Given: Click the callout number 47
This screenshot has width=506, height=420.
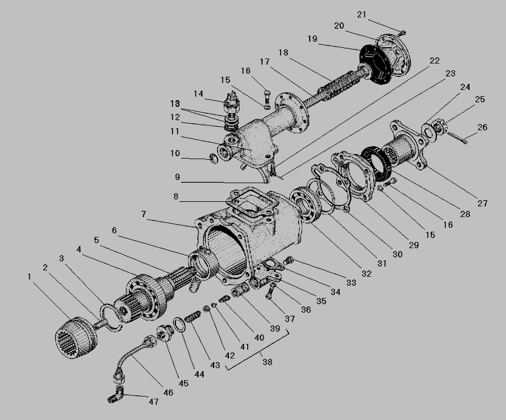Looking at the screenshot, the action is click(153, 401).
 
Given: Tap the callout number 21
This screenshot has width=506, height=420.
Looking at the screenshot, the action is click(362, 15).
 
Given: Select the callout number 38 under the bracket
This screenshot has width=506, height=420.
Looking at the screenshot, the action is click(267, 362).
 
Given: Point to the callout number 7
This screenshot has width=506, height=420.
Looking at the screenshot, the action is click(143, 214).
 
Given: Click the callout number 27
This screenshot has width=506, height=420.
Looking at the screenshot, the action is click(482, 203).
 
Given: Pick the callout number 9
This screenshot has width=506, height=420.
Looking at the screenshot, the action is click(177, 177).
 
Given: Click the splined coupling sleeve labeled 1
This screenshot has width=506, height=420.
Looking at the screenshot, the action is click(76, 337).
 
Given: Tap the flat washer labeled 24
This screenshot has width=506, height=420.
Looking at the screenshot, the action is click(428, 132).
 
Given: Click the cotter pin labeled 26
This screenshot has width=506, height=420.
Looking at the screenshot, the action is click(457, 138).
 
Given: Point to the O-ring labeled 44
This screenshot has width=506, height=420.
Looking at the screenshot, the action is click(179, 324).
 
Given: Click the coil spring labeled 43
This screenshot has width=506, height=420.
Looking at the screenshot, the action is click(193, 316).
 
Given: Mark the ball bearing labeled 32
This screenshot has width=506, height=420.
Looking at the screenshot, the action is click(305, 205).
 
